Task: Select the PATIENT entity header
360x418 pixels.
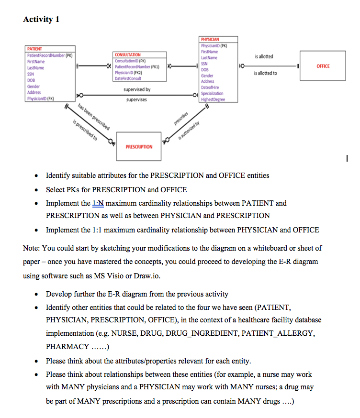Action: pos(34,49)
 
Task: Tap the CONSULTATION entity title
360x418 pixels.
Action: pos(128,55)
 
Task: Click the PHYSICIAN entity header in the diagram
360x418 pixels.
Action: pos(210,39)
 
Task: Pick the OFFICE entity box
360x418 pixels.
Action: pos(323,66)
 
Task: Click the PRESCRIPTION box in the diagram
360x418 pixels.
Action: pos(139,147)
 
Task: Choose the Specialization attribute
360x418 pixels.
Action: pos(212,94)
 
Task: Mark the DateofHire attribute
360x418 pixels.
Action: pos(211,88)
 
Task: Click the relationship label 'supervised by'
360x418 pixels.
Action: pos(137,89)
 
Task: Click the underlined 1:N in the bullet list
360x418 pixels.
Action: pos(98,203)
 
